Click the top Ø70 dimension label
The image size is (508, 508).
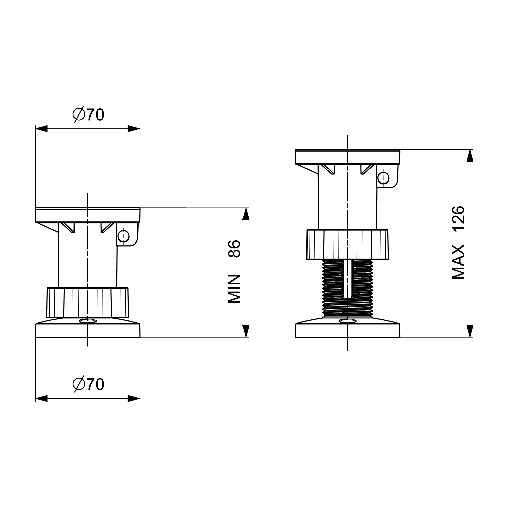click(88, 115)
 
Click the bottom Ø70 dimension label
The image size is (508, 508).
click(88, 384)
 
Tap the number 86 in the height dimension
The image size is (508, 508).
click(234, 249)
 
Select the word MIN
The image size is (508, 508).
click(234, 289)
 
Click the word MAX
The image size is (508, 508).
click(459, 262)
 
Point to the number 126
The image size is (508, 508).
click(459, 219)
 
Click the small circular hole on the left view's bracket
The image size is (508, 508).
click(124, 235)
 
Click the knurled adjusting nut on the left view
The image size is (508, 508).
click(88, 302)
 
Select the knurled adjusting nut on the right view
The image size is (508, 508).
click(347, 244)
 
